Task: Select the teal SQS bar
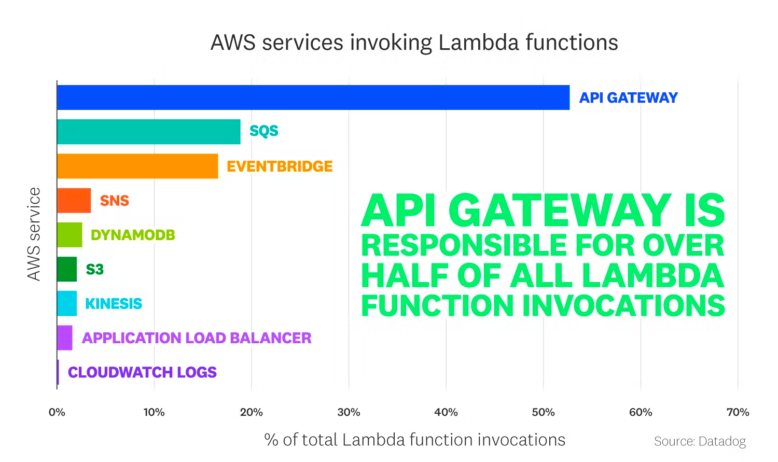click(x=148, y=132)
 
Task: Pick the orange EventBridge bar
click(x=137, y=166)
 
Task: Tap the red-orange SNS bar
click(x=74, y=201)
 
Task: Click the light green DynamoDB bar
click(x=70, y=235)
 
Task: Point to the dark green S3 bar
click(x=67, y=269)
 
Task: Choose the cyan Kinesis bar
click(x=67, y=303)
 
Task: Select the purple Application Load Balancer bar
click(x=65, y=338)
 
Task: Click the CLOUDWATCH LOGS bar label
click(x=142, y=372)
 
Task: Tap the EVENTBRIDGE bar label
click(x=280, y=166)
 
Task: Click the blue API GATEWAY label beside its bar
click(x=628, y=98)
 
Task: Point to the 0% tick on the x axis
click(x=57, y=412)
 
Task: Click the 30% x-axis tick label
click(x=349, y=412)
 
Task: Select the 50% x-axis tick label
click(x=543, y=412)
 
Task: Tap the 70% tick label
click(x=738, y=412)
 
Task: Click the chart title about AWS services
click(x=414, y=43)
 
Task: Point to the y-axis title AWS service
click(x=34, y=234)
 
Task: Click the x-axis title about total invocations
click(x=414, y=440)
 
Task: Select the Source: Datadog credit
click(x=700, y=441)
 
